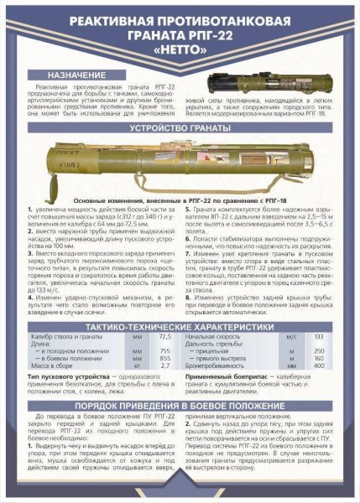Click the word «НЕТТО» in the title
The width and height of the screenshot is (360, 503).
[179, 51]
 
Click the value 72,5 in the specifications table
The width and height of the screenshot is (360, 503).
[164, 335]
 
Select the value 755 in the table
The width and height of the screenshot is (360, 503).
[164, 351]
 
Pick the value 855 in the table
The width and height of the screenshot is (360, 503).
[164, 359]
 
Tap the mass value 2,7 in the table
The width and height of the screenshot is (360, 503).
[164, 366]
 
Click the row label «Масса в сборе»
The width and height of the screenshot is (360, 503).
[50, 366]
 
